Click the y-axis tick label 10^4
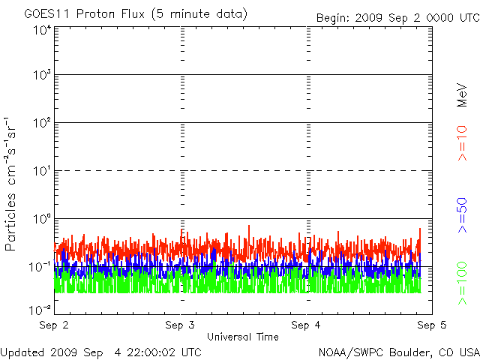point(42,31)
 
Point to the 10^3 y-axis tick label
point(42,76)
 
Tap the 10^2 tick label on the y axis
point(42,124)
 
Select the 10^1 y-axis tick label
point(42,172)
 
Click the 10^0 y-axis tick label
point(42,220)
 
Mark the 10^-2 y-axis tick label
point(40,308)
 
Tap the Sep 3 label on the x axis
point(180,325)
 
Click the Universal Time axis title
point(242,337)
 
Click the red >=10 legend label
point(462,143)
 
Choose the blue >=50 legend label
point(462,215)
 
